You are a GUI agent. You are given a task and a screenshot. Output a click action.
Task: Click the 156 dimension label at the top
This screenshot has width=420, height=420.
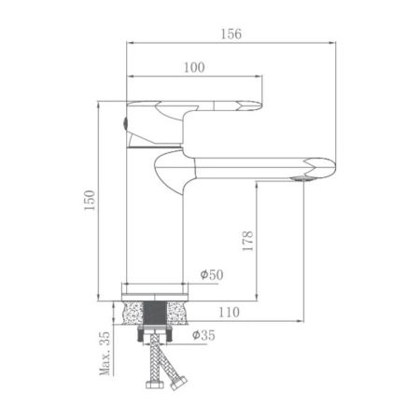click(230, 35)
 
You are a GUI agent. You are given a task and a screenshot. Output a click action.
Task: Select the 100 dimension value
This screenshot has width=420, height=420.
click(193, 66)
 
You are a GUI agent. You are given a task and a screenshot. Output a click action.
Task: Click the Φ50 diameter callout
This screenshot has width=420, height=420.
click(211, 276)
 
